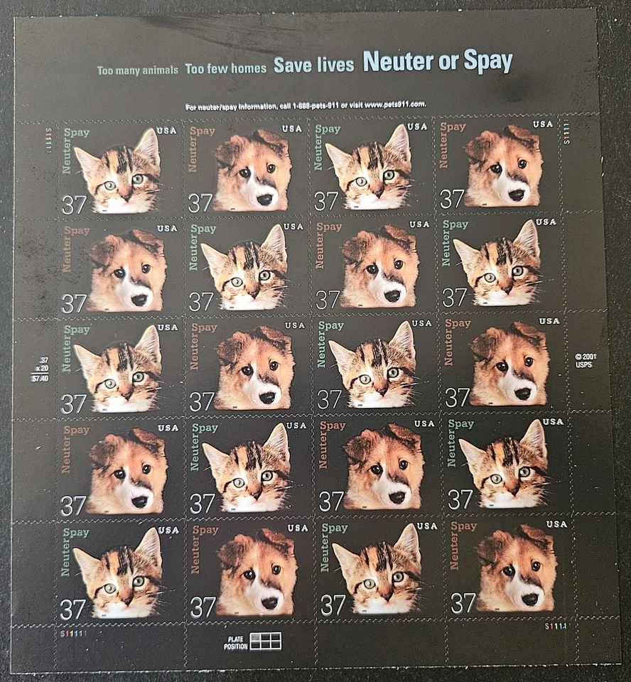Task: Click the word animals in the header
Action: pyautogui.click(x=160, y=70)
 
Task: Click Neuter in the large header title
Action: pyautogui.click(x=399, y=63)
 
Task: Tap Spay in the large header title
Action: pyautogui.click(x=488, y=63)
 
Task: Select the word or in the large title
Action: pyautogui.click(x=449, y=63)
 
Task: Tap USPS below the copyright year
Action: pyautogui.click(x=583, y=365)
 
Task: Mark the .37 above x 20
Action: pyautogui.click(x=44, y=360)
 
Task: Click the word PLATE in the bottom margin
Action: pyautogui.click(x=234, y=638)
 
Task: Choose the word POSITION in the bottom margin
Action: pyautogui.click(x=234, y=646)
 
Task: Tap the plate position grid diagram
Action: pyautogui.click(x=265, y=642)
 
